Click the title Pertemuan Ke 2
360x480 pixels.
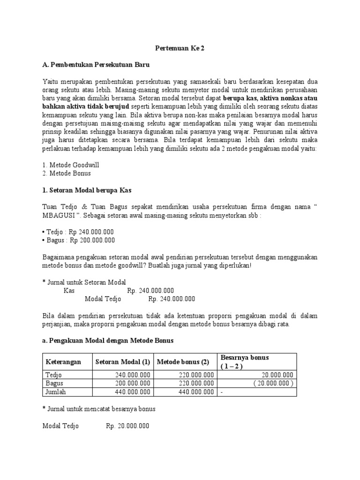pos(180,48)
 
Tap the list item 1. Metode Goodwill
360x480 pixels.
pos(70,165)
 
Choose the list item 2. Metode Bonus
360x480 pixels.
pos(67,173)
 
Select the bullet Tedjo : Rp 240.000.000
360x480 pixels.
pos(78,232)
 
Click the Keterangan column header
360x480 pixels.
pos(63,362)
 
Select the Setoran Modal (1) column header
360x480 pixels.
pos(122,362)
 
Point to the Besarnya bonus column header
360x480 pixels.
pos(244,358)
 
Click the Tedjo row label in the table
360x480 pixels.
pos(53,375)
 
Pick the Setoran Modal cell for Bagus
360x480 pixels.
pos(132,383)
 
